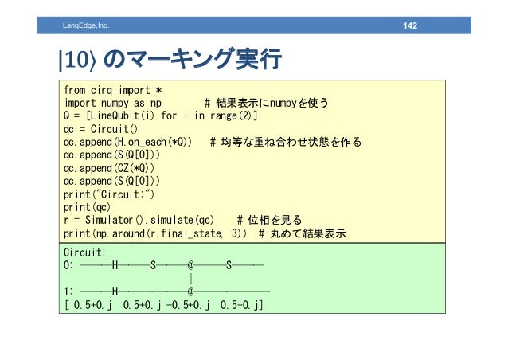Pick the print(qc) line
coord(84,208)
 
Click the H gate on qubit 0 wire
coord(115,264)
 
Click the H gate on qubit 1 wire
coord(115,292)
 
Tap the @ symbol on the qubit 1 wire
coord(191,292)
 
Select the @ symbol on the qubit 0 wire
coord(191,264)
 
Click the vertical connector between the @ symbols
coord(191,278)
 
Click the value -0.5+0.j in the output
coord(182,305)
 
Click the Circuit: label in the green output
coord(86,251)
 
